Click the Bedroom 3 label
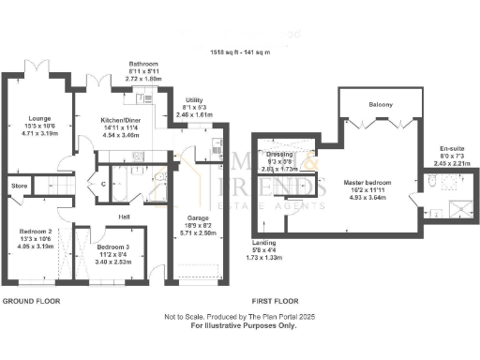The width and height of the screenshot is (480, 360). click(115, 247)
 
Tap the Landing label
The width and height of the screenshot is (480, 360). click(269, 242)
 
